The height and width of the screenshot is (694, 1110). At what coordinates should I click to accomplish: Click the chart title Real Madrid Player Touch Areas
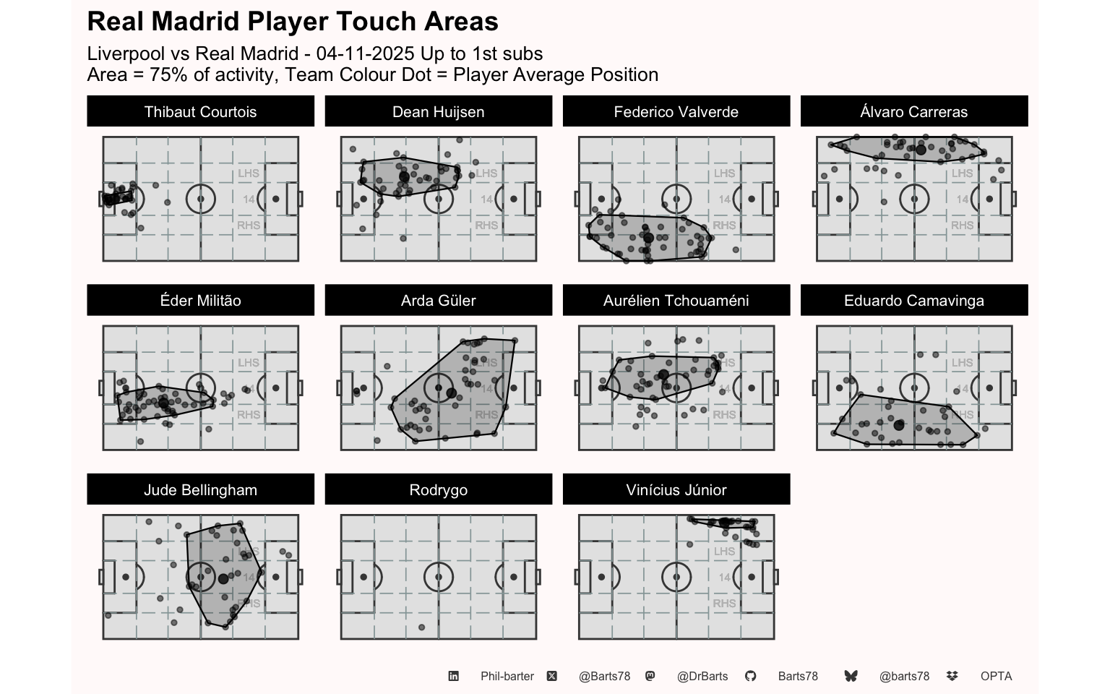click(x=293, y=22)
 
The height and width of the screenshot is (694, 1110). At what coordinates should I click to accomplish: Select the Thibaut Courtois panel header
click(x=200, y=112)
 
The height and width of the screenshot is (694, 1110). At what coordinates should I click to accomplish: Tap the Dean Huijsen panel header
click(x=438, y=112)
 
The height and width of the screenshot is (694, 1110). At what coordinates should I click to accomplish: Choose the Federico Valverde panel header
click(x=676, y=112)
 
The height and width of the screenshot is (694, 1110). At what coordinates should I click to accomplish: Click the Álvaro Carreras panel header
click(x=913, y=112)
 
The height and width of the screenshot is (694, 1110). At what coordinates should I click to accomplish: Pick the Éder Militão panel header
click(x=200, y=301)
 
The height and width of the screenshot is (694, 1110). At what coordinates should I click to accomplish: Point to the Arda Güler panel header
click(x=438, y=301)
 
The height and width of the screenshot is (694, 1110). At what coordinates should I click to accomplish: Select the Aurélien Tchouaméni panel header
click(x=676, y=301)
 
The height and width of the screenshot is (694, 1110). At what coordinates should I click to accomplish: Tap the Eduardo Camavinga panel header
click(x=913, y=301)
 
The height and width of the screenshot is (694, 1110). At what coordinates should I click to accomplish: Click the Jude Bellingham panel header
click(x=200, y=490)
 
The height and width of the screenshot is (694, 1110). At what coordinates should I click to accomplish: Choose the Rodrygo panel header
click(x=438, y=490)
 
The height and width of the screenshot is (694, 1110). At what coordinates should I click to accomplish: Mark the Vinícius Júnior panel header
click(x=676, y=490)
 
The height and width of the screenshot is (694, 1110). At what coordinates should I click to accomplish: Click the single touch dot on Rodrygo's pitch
click(x=421, y=627)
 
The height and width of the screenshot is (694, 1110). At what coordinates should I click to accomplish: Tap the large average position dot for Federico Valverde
click(x=648, y=238)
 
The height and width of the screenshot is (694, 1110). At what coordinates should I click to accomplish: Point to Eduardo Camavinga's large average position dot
click(x=898, y=425)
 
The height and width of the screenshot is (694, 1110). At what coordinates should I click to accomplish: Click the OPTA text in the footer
click(x=996, y=677)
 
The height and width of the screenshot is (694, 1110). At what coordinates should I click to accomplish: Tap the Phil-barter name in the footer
click(x=507, y=677)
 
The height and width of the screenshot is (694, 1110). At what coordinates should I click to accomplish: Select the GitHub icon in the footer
click(x=751, y=676)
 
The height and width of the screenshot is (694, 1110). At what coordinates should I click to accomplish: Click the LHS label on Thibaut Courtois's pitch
click(x=249, y=173)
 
